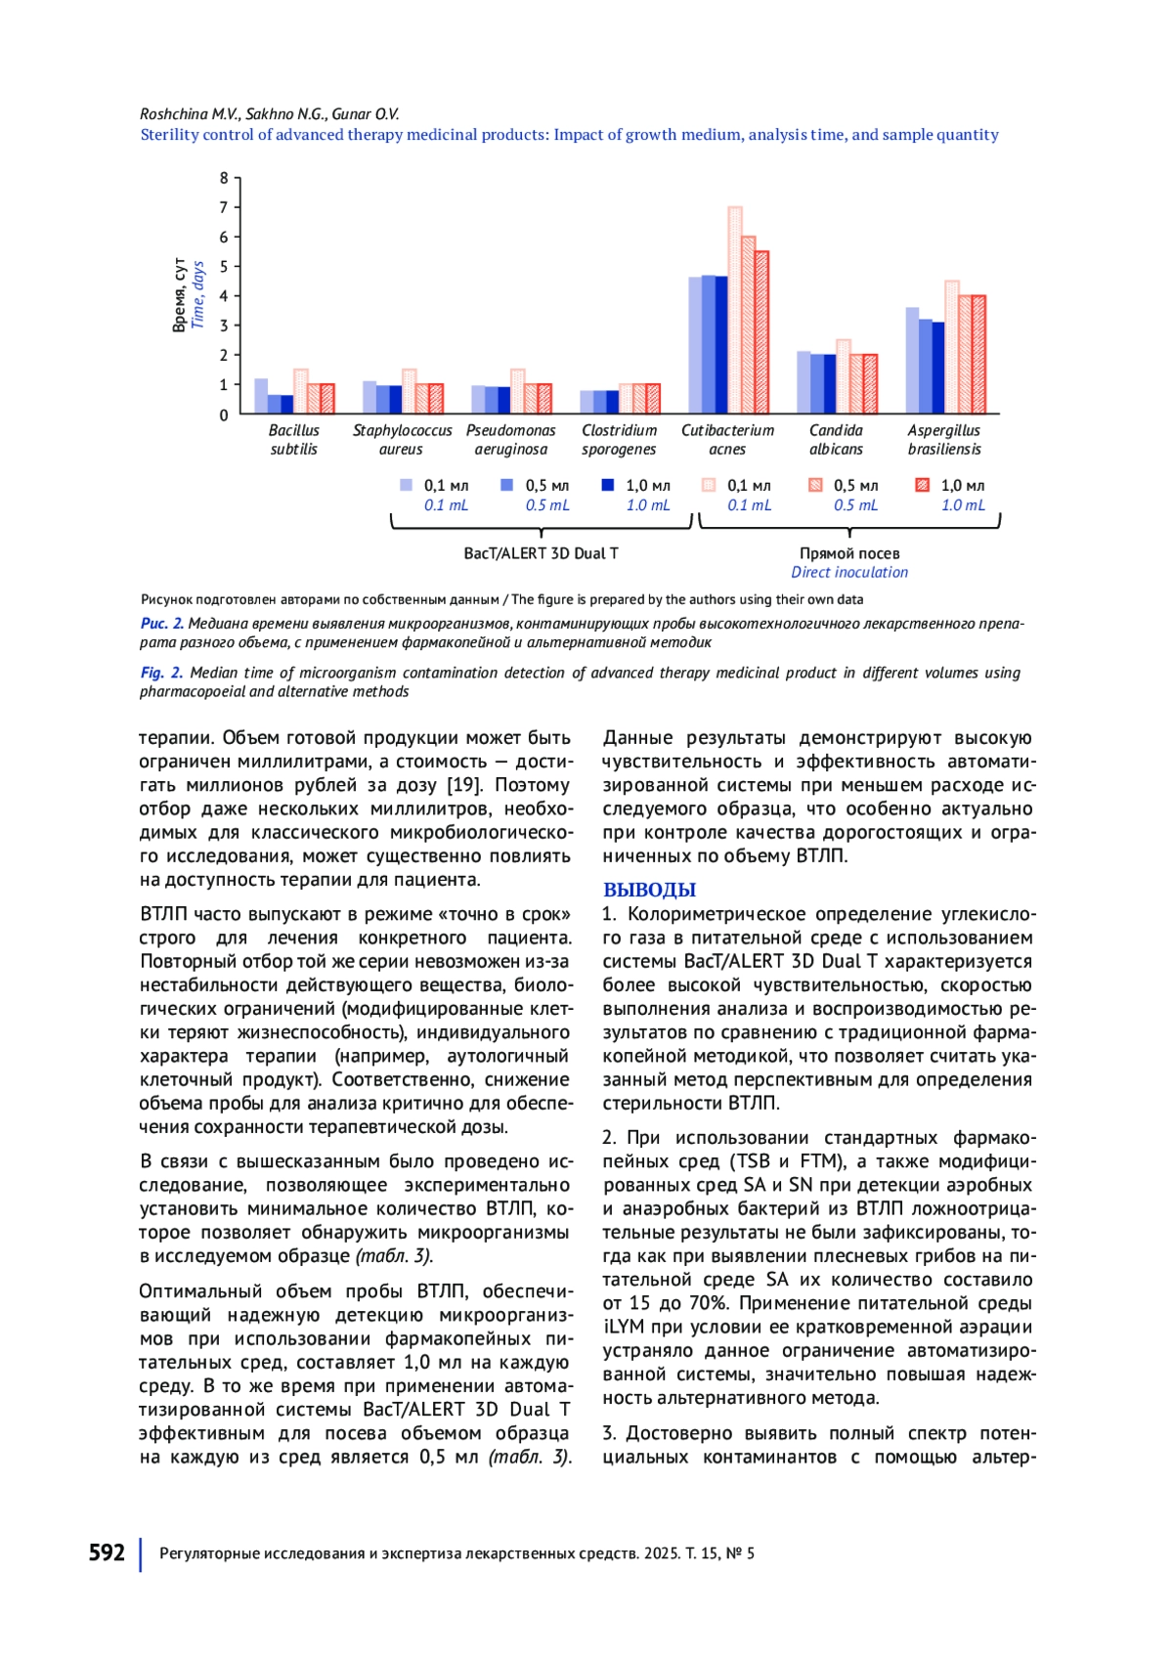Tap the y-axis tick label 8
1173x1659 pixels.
point(224,178)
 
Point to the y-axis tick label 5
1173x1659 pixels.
point(224,267)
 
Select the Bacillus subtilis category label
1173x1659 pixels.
point(293,440)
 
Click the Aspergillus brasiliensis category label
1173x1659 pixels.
point(943,440)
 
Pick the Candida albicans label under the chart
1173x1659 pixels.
point(836,440)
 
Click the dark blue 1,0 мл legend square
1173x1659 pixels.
point(607,485)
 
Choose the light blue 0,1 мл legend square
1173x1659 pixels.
point(407,485)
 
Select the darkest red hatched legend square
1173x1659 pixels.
point(921,485)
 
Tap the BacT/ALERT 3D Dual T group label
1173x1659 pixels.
point(541,553)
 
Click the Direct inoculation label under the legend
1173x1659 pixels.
point(848,573)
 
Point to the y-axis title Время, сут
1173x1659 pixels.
point(180,295)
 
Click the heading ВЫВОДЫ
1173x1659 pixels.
point(649,890)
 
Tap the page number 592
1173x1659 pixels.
point(107,1552)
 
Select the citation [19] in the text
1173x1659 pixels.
point(464,785)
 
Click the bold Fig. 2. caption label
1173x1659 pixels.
point(161,673)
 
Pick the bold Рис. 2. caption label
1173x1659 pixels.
point(161,624)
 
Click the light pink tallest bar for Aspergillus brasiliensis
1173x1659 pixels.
point(951,347)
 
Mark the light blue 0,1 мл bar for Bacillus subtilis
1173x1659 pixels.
point(261,396)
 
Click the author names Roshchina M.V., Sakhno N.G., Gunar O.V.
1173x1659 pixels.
point(269,114)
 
